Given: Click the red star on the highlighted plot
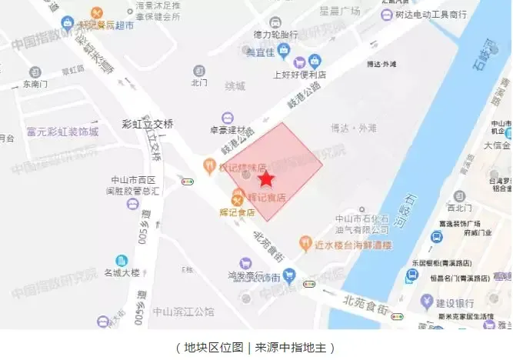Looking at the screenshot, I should coord(265,179).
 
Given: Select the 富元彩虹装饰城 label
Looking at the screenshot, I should coord(62,132).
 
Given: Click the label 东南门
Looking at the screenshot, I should coord(35,84).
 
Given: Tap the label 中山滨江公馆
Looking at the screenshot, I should coord(185,312).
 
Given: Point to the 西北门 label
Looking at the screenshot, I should coord(459,207).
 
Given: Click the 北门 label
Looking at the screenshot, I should coord(199,82).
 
